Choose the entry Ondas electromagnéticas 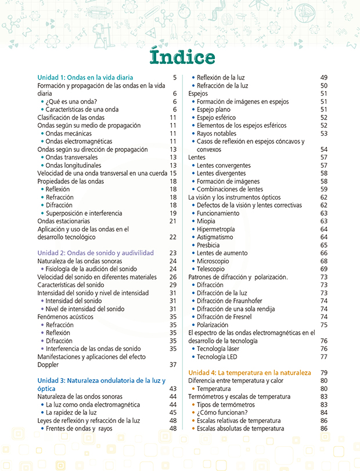pos(79,141)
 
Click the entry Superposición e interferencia pos(84,213)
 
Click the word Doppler pos(49,365)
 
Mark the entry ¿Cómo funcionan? pos(221,412)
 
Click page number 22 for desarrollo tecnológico pos(172,237)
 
